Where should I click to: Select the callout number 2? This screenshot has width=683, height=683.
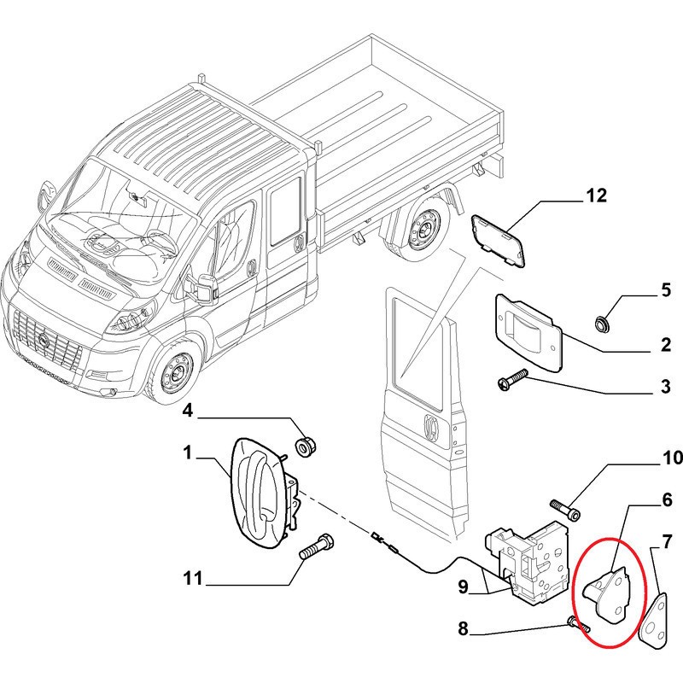pyautogui.click(x=665, y=346)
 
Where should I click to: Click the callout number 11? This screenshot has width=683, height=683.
pyautogui.click(x=193, y=580)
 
